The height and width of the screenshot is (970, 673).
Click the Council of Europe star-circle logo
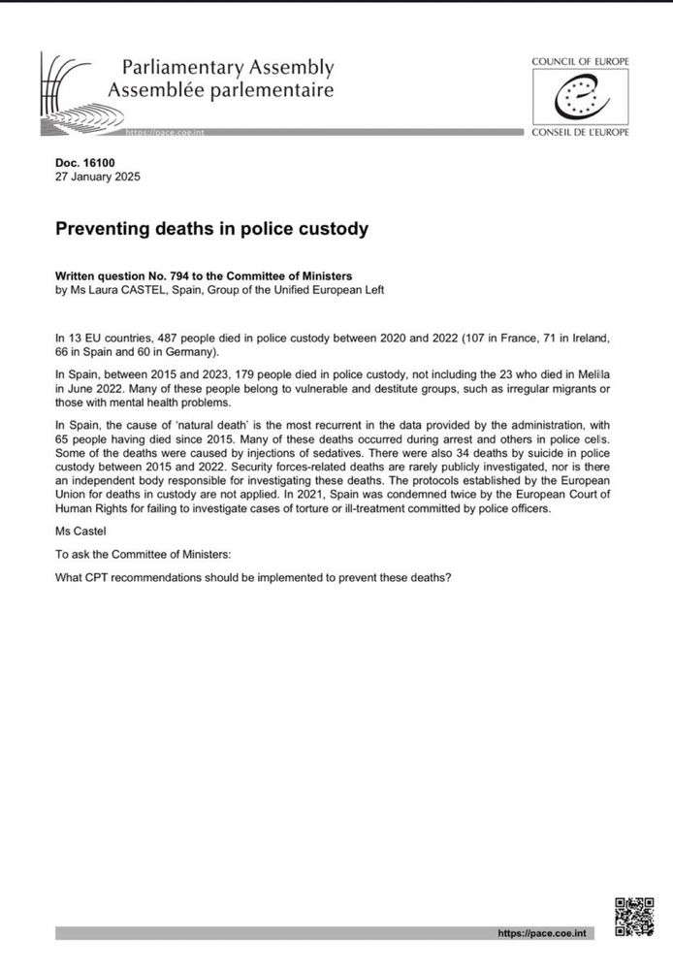[x=580, y=97]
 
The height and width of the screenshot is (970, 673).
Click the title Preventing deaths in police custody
[x=212, y=230]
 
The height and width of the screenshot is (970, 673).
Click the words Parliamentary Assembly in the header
[x=228, y=68]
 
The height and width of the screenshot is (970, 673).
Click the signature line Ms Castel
[x=80, y=532]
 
